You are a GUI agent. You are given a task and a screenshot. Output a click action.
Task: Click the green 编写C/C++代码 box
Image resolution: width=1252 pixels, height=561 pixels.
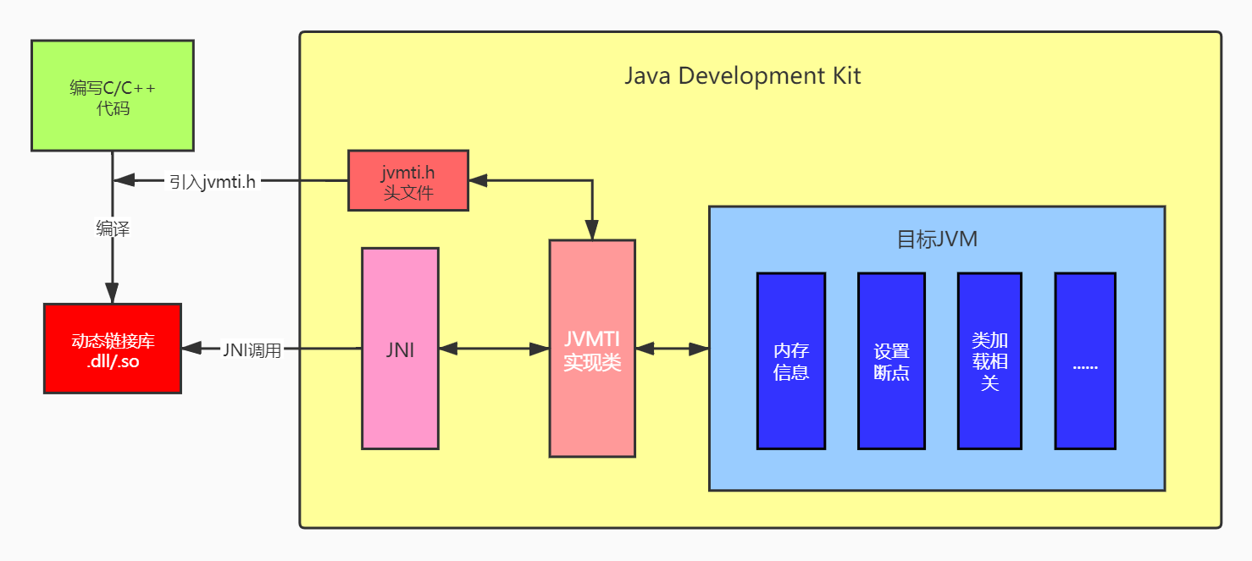tap(112, 96)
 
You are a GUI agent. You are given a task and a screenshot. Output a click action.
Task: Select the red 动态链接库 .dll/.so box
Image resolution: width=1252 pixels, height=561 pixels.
tap(112, 349)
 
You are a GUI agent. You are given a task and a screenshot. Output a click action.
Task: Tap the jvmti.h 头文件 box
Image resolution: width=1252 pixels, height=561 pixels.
tap(407, 180)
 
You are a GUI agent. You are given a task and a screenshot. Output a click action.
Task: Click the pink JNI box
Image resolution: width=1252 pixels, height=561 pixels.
tap(400, 349)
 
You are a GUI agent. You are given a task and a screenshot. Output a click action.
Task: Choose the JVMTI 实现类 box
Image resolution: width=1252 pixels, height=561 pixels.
tap(592, 349)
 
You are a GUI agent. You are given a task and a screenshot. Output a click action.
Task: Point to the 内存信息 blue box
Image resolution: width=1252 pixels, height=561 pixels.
tap(790, 360)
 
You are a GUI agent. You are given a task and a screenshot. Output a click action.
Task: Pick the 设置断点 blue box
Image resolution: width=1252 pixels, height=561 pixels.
tap(891, 360)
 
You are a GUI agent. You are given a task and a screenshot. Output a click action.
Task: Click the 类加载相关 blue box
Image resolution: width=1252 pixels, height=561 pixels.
tap(989, 360)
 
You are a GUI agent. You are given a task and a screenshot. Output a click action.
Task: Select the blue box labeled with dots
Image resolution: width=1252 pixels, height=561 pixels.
tap(1085, 360)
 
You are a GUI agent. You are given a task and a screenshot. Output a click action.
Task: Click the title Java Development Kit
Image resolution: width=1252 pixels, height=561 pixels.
tap(742, 75)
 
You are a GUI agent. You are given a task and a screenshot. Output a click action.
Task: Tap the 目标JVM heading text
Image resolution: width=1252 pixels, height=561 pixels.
tap(937, 239)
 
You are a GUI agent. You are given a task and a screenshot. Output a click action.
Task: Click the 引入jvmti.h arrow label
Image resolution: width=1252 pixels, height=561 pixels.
tap(212, 180)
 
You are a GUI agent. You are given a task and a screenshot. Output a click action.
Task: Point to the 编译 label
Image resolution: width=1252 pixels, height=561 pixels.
tap(113, 228)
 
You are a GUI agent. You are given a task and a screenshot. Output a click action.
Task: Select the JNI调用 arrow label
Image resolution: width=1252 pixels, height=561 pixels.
tap(252, 349)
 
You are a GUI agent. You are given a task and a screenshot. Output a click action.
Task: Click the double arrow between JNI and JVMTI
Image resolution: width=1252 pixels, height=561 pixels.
tap(494, 349)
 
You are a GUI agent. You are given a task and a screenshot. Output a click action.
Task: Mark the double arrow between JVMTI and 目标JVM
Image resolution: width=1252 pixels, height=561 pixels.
tap(672, 349)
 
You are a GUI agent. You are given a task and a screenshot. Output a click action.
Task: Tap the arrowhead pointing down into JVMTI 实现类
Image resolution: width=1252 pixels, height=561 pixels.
tap(592, 230)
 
